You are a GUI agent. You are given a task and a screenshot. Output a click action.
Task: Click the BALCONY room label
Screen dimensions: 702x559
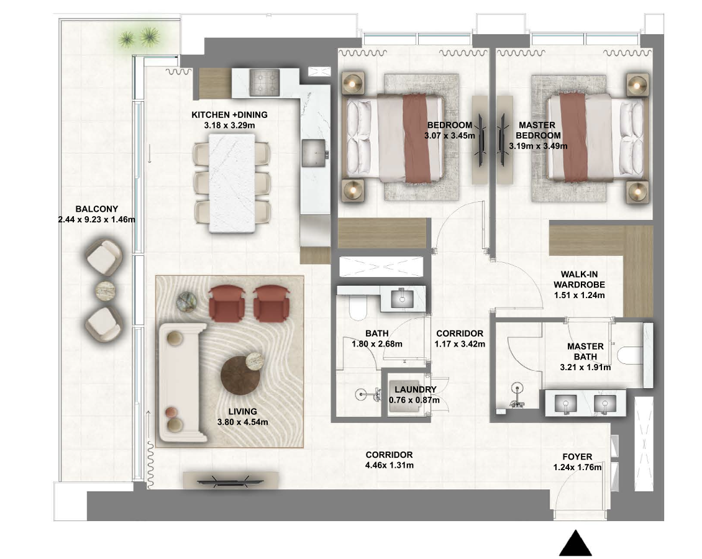pyautogui.click(x=97, y=209)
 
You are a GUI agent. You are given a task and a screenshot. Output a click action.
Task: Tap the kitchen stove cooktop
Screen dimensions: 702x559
pyautogui.click(x=264, y=83)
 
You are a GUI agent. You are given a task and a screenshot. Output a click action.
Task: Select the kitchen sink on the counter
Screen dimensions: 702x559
pyautogui.click(x=314, y=153)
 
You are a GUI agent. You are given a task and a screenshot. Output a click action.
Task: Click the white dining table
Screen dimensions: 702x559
pyautogui.click(x=232, y=183)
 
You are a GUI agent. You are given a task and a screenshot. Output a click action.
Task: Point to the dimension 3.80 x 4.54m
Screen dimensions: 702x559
pyautogui.click(x=243, y=422)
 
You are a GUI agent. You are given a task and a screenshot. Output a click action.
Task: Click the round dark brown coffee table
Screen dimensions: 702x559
pyautogui.click(x=240, y=375)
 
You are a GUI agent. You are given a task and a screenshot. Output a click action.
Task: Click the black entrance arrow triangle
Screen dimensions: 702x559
pyautogui.click(x=576, y=543)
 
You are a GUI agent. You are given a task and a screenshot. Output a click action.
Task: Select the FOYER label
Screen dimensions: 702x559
pyautogui.click(x=577, y=457)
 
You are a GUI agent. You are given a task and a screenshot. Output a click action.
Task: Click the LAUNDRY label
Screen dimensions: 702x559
pyautogui.click(x=416, y=389)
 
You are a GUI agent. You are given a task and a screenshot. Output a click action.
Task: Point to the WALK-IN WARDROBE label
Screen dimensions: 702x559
pyautogui.click(x=580, y=279)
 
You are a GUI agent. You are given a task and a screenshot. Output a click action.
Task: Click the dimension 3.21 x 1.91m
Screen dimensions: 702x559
pyautogui.click(x=585, y=368)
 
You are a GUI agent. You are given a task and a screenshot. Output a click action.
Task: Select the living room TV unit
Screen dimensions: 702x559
pyautogui.click(x=231, y=479)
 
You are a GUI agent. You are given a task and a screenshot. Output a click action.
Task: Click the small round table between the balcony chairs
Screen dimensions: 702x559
pyautogui.click(x=106, y=291)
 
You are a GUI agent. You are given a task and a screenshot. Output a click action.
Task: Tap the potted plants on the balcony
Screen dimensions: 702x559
pyautogui.click(x=139, y=37)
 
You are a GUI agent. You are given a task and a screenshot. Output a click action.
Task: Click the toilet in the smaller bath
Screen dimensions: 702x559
pyautogui.click(x=357, y=309)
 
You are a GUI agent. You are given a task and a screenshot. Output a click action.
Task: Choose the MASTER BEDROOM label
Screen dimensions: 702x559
pyautogui.click(x=537, y=130)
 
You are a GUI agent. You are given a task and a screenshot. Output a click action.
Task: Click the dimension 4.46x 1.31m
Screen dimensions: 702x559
pyautogui.click(x=389, y=465)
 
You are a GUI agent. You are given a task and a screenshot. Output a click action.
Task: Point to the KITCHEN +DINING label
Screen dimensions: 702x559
pyautogui.click(x=230, y=115)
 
